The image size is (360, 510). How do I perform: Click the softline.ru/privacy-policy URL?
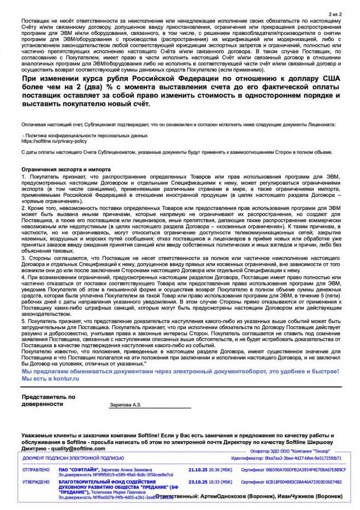pos(54,140)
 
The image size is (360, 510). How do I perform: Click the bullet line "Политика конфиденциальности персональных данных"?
pos(85,135)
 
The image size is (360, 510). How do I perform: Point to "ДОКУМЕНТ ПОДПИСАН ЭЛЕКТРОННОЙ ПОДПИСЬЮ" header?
pos(73,458)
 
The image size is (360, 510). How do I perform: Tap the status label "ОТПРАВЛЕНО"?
pos(36,470)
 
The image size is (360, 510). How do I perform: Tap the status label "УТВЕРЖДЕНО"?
pos(36,482)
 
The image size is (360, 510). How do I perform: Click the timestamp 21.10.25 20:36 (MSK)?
pos(210,470)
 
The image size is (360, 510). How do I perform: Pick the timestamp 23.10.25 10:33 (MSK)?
pos(210,482)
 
